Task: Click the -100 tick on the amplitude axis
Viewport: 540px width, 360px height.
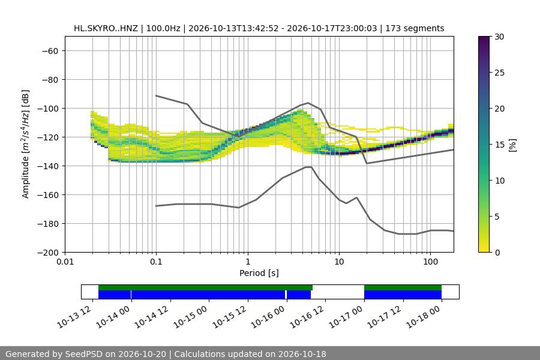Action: [50, 109]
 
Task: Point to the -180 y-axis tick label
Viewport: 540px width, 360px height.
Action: [50, 224]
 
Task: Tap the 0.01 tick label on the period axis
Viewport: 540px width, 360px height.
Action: [65, 262]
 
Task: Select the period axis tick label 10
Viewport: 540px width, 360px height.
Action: [339, 262]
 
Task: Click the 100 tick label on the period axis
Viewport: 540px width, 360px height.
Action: [430, 262]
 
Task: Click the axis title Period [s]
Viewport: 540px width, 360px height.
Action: [259, 273]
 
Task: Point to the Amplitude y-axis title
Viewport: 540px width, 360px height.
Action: [26, 144]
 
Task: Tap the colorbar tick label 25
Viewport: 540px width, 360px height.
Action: [499, 73]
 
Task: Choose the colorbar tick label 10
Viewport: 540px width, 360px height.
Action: [499, 181]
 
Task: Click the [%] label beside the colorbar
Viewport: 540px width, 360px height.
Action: [513, 145]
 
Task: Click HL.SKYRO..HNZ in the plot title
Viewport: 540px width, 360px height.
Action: [106, 28]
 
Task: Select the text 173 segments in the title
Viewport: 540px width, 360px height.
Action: [415, 28]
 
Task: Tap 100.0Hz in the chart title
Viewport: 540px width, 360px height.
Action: [163, 28]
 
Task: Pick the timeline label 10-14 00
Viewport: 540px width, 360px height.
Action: [113, 317]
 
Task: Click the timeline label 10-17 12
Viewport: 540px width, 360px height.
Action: [385, 317]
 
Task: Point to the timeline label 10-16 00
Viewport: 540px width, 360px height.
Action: [269, 317]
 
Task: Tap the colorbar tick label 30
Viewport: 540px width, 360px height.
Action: [499, 37]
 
